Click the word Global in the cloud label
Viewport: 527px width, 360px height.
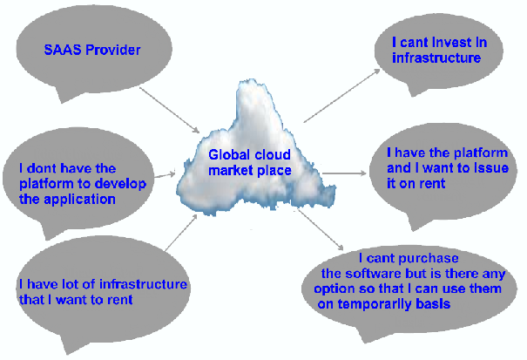click(226, 154)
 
